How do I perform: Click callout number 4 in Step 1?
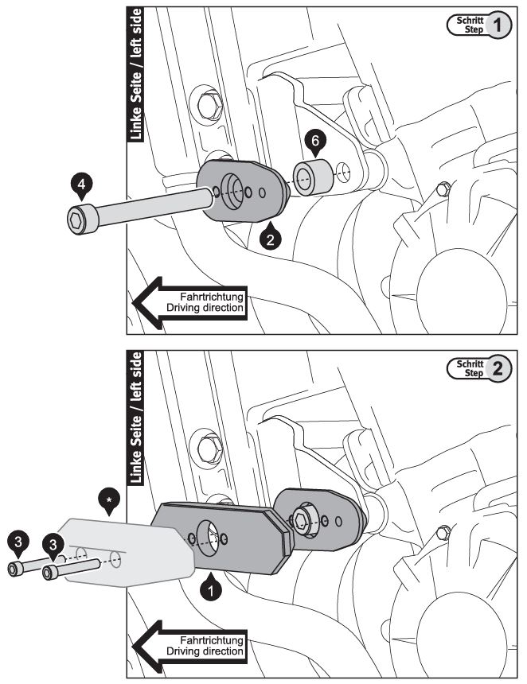tap(80, 185)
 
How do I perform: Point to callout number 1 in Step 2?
tap(210, 590)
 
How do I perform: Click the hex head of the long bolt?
tap(78, 218)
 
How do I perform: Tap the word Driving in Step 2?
tap(185, 651)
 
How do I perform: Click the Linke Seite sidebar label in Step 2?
tap(136, 418)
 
